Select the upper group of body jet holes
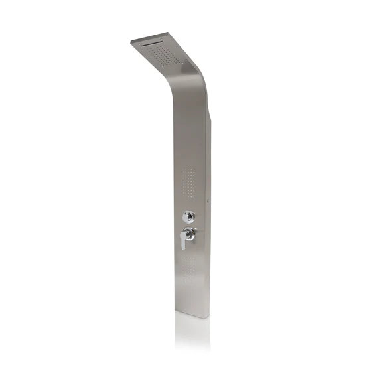click(x=188, y=180)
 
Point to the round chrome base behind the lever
click(x=190, y=233)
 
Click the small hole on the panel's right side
click(x=209, y=197)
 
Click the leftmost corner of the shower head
click(x=131, y=42)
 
